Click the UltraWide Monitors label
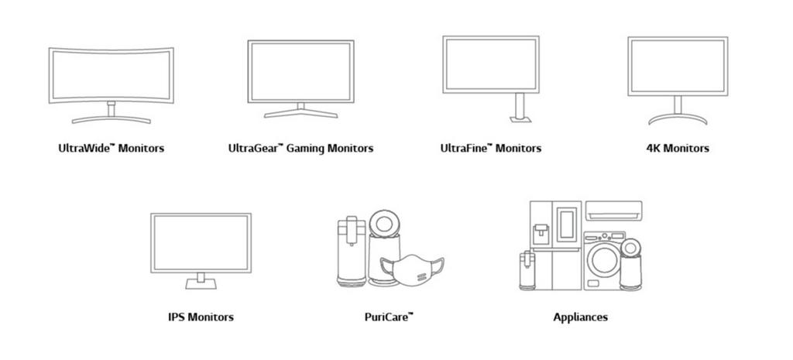click(x=111, y=148)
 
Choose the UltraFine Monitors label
click(x=490, y=148)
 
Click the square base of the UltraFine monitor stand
click(x=518, y=118)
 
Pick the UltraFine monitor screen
click(x=490, y=64)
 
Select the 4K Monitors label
click(x=677, y=148)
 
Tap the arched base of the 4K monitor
click(x=677, y=118)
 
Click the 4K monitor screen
click(x=677, y=66)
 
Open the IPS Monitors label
click(x=201, y=317)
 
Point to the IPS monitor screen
click(x=201, y=242)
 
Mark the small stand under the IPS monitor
click(x=201, y=279)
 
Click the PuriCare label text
click(x=389, y=317)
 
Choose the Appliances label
click(x=580, y=317)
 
